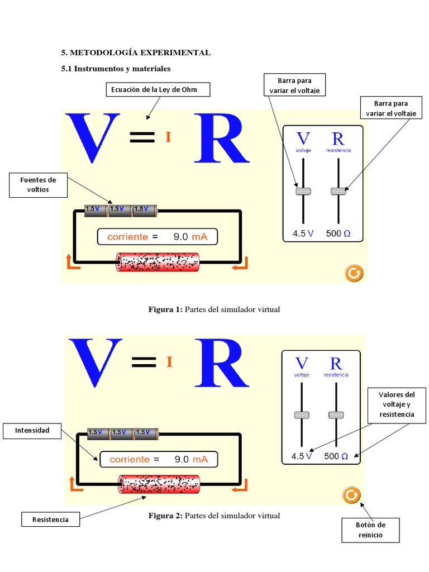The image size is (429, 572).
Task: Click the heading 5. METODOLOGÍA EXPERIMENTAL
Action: click(x=136, y=53)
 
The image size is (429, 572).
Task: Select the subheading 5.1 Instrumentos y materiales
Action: click(x=116, y=69)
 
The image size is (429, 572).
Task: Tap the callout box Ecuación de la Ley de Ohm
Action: click(x=153, y=89)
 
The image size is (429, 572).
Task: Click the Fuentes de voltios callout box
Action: click(x=38, y=185)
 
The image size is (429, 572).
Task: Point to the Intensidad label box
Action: click(x=32, y=431)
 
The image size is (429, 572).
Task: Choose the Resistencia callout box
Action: click(x=50, y=519)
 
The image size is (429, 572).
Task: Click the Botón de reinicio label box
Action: click(x=370, y=530)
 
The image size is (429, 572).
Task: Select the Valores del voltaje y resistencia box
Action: click(x=397, y=404)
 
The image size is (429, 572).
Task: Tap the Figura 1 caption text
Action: click(x=214, y=309)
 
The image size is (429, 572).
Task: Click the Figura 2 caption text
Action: click(x=214, y=516)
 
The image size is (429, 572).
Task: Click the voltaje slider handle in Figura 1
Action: click(x=303, y=191)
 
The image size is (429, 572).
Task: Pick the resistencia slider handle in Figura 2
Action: click(x=336, y=415)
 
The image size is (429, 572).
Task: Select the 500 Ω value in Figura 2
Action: click(x=336, y=456)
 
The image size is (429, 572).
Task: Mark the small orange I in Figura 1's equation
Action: click(x=168, y=137)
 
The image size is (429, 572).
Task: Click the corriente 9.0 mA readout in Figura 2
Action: click(x=159, y=459)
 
